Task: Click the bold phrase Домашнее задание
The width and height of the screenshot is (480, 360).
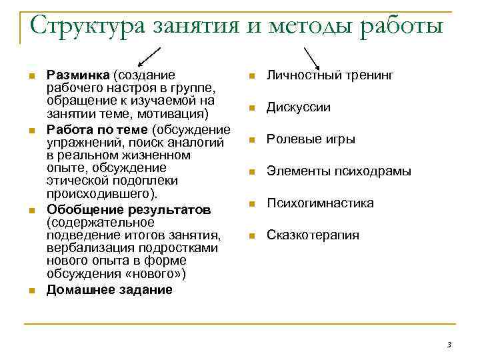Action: click(109, 290)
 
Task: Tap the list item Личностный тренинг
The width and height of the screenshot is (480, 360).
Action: click(331, 75)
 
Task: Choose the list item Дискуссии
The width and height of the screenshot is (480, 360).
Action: click(299, 107)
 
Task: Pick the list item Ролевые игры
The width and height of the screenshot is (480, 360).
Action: click(311, 139)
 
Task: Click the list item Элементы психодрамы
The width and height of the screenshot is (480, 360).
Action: click(339, 171)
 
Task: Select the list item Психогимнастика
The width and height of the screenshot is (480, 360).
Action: click(320, 203)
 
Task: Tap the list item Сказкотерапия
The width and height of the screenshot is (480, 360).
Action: click(313, 235)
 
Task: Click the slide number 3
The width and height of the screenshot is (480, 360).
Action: click(449, 345)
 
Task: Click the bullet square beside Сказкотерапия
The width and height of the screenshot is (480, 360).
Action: click(251, 235)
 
